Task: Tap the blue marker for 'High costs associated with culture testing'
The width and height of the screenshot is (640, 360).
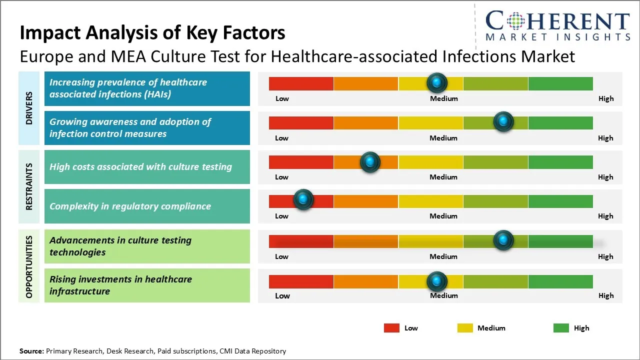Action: pos(370,161)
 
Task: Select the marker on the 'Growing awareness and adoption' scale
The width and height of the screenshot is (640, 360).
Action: pos(503,122)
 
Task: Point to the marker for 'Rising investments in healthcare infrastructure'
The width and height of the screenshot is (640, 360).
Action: pos(437,281)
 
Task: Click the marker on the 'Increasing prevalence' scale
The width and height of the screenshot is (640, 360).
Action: pos(437,82)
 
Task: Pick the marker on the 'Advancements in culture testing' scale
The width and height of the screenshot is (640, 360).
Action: pos(503,240)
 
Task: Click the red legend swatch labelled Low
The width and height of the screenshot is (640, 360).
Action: pos(391,328)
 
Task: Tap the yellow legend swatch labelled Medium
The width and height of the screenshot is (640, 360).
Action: pos(465,328)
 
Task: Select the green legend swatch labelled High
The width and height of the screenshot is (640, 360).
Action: pos(561,328)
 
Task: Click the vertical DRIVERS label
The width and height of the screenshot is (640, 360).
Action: pos(29,108)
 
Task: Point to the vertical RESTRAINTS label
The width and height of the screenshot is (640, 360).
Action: pos(29,186)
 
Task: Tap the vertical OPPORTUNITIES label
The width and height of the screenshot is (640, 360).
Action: pos(29,266)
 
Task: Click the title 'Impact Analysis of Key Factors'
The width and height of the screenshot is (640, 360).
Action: pos(152,33)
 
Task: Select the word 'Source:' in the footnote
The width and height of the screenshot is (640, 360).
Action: pos(31,351)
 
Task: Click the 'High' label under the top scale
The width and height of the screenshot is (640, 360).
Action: pos(605,98)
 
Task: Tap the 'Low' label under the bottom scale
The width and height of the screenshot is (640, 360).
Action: pos(282,295)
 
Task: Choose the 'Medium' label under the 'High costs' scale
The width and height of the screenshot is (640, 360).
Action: pos(443,177)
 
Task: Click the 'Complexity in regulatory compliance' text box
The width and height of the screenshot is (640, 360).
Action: pos(147,206)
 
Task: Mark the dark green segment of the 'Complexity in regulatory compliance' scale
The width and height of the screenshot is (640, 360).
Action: pos(560,201)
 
